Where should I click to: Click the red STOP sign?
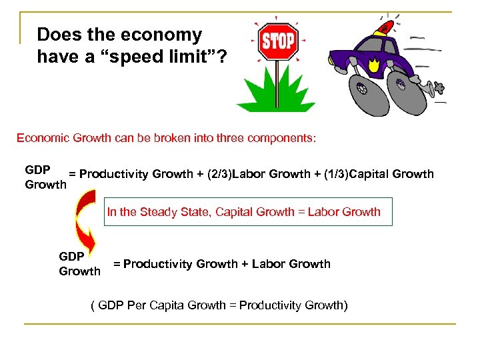tap(277, 42)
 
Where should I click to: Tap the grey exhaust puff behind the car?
tap(441, 87)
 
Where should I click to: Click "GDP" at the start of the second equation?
tap(71, 256)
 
